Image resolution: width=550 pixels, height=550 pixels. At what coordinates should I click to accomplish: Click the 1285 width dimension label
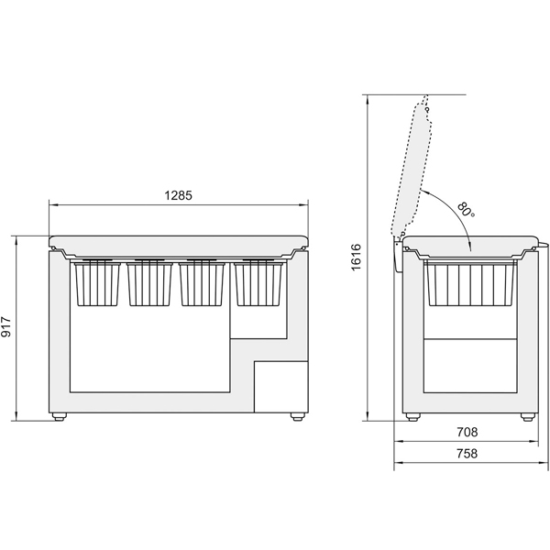click(x=179, y=195)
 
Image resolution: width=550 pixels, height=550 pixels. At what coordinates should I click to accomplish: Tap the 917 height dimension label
click(x=6, y=326)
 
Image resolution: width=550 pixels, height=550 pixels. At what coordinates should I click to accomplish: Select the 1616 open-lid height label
click(x=356, y=257)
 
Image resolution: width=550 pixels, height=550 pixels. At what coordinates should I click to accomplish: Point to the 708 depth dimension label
click(x=467, y=432)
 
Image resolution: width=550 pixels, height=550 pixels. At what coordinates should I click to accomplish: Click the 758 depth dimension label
click(x=467, y=454)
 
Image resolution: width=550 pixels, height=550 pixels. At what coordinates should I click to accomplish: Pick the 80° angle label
click(x=467, y=210)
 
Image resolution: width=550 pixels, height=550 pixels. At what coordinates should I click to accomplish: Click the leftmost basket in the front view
click(x=97, y=283)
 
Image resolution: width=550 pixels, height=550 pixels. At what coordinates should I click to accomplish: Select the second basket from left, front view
click(x=149, y=283)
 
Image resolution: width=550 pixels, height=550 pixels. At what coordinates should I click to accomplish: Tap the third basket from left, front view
click(x=202, y=283)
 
